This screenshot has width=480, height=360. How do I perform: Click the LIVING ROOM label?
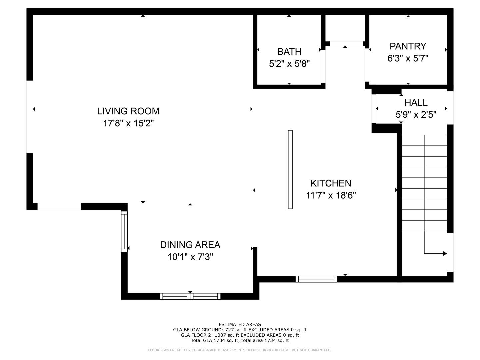tap(128, 111)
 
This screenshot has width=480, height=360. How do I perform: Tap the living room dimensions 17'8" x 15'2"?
tap(128, 123)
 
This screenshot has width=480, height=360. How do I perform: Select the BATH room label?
tap(289, 52)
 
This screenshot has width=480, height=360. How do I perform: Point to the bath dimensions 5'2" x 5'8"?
tap(289, 64)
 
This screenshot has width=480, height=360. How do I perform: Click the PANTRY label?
tap(408, 46)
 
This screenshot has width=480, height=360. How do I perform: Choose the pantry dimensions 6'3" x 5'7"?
tap(408, 58)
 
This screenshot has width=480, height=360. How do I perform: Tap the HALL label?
tap(416, 103)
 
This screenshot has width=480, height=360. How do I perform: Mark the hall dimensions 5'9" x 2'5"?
tap(416, 115)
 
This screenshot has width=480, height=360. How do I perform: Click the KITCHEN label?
tap(331, 183)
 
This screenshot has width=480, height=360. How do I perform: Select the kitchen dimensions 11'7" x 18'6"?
tap(331, 195)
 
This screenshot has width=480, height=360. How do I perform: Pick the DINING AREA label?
tap(190, 245)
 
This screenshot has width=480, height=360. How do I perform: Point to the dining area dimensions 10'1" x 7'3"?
tap(190, 257)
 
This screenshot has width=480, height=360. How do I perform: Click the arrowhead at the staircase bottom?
tap(444, 254)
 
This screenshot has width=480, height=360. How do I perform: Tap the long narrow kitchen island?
tap(290, 169)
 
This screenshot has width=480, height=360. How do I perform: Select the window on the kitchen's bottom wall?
tap(316, 279)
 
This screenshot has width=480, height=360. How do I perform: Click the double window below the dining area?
tap(190, 296)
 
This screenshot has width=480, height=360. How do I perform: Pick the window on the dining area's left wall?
tap(124, 231)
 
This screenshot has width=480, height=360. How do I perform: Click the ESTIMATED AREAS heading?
tap(240, 324)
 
